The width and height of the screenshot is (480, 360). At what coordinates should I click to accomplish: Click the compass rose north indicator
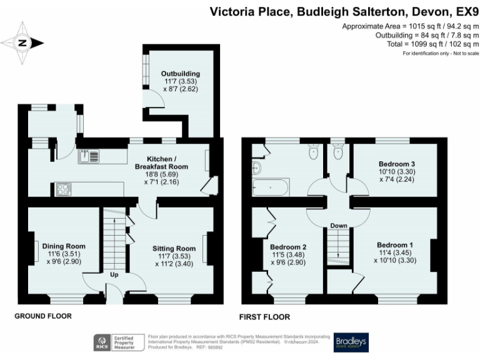click(23, 43)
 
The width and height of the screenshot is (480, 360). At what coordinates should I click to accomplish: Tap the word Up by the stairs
click(114, 274)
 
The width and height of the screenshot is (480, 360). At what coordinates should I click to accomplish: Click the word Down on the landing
click(339, 226)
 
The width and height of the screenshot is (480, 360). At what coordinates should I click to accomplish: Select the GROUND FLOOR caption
click(43, 316)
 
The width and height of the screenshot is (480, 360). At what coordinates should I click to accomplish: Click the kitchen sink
click(88, 156)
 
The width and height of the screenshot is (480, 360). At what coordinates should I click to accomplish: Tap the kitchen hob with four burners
click(62, 188)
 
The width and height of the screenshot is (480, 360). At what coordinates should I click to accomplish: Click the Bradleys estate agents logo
click(351, 341)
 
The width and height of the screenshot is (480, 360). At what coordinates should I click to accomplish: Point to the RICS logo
click(101, 342)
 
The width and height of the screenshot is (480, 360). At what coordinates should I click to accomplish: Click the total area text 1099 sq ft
click(431, 44)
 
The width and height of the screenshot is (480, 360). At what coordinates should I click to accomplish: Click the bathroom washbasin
click(256, 167)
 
